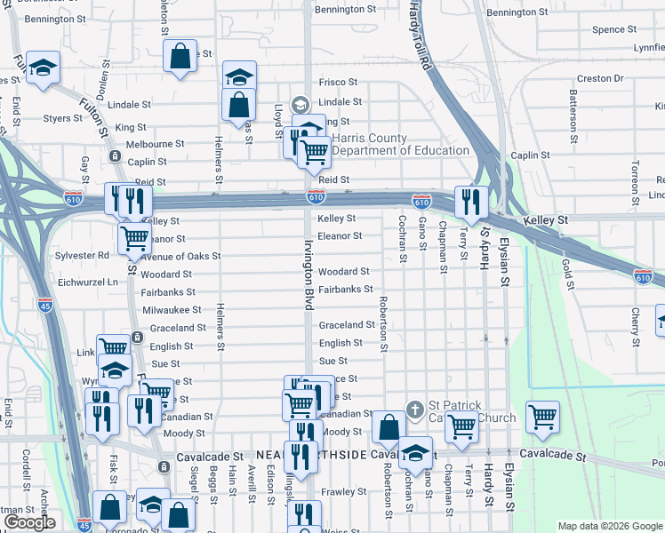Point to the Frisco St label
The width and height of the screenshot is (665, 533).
click(339, 82)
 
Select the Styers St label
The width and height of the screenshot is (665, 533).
click(62, 117)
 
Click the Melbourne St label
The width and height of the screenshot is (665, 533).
click(155, 144)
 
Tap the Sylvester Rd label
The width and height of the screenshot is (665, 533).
click(80, 255)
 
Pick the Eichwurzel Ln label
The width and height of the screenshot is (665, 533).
click(86, 282)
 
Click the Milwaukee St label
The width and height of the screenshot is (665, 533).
click(172, 310)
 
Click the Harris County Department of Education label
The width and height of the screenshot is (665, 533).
click(400, 144)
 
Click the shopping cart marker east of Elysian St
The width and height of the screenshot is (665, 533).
click(542, 416)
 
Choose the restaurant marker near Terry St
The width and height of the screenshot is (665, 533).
click(469, 201)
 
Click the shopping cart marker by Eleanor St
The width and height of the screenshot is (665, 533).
click(134, 236)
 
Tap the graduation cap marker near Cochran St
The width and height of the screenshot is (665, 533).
click(415, 452)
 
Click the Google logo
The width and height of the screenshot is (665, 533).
click(30, 522)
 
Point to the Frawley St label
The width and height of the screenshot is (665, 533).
click(344, 491)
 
